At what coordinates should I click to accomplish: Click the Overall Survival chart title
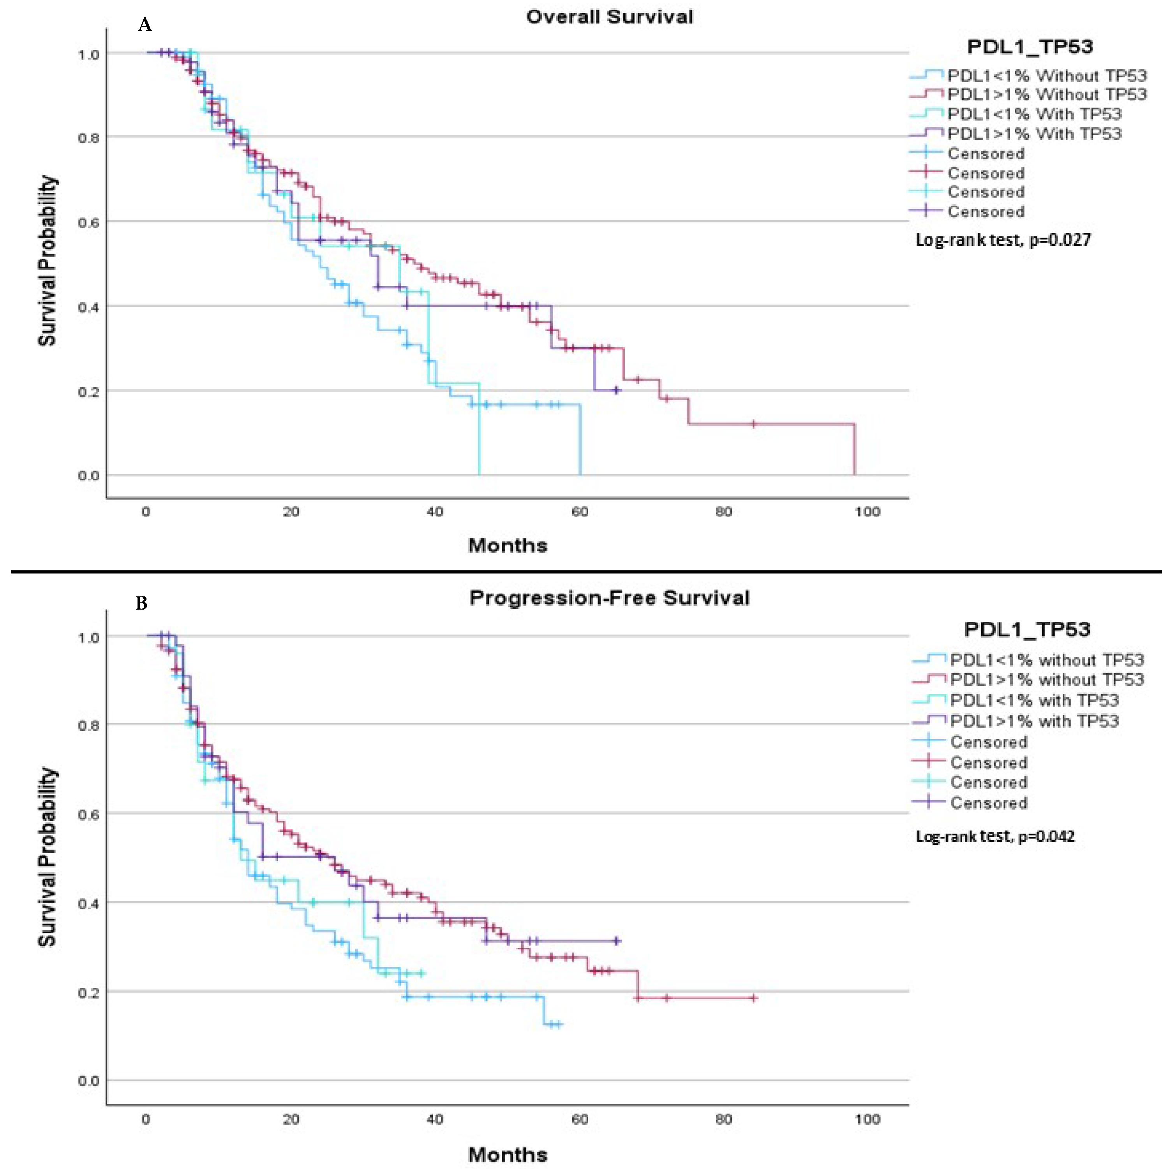point(609,17)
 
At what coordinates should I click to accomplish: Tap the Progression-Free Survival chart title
point(609,598)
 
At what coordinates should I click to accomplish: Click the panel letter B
point(141,603)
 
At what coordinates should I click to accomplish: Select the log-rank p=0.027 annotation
point(1003,240)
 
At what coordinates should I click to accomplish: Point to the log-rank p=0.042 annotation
point(995,836)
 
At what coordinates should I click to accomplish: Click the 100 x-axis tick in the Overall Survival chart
point(867,512)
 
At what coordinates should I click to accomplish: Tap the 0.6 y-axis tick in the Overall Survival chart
point(88,222)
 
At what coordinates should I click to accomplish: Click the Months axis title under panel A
point(508,546)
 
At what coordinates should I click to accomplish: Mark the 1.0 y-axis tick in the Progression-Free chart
point(88,637)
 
